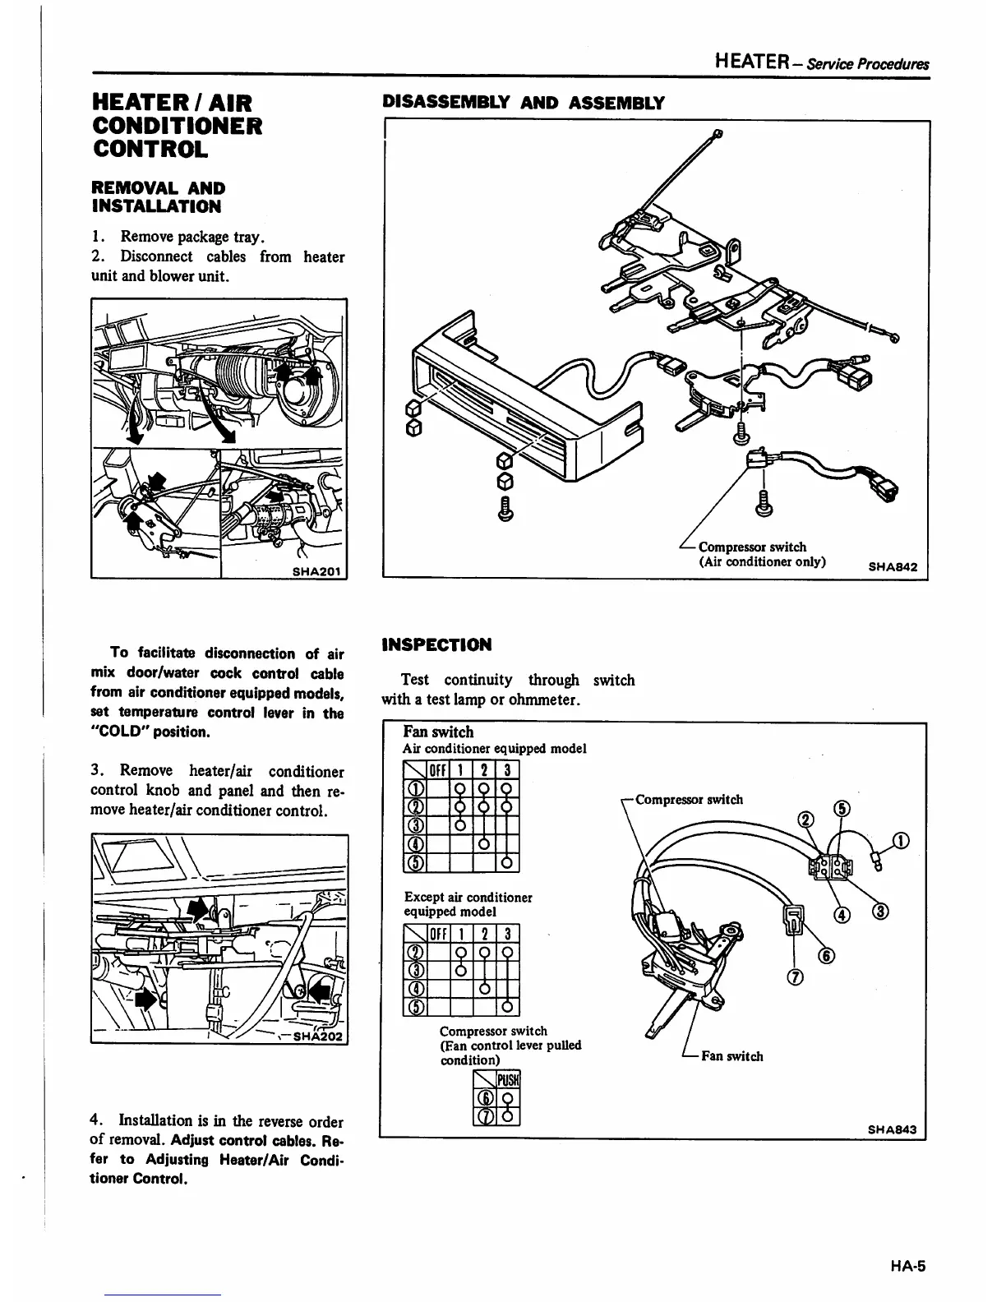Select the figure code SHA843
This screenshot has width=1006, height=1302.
[893, 1129]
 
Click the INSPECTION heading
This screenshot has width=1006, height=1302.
[436, 644]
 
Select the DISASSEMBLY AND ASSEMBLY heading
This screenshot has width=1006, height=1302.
[524, 103]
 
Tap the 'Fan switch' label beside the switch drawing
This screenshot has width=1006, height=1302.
[731, 1056]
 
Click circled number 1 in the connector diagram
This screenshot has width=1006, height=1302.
[902, 840]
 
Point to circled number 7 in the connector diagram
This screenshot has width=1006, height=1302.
[795, 977]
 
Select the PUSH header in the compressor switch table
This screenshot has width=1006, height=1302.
[510, 1079]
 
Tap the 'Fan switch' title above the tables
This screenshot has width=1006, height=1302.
[438, 732]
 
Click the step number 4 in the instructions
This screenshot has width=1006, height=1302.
[95, 1121]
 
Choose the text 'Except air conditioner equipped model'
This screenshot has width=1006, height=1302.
[468, 904]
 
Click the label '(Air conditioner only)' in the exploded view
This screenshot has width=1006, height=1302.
[762, 562]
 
